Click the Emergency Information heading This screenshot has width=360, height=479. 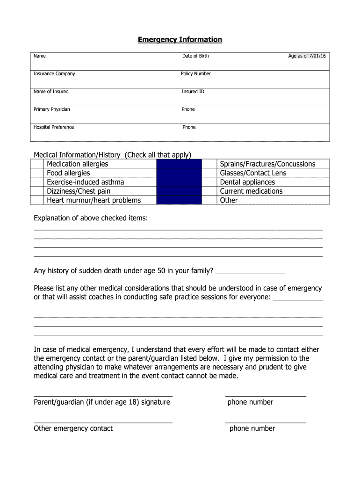tap(180, 40)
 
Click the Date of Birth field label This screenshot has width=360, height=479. tap(195, 56)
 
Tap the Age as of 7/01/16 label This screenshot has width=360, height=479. tap(307, 56)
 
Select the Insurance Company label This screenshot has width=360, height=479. tap(54, 74)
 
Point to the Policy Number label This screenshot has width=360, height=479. tap(196, 74)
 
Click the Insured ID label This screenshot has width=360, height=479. tap(193, 92)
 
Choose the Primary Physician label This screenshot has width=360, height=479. tap(52, 109)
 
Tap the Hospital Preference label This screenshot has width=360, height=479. tap(54, 127)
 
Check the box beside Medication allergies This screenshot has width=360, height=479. tap(37, 164)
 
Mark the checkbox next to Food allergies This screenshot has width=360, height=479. tap(37, 173)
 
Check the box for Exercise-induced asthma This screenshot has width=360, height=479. tap(37, 182)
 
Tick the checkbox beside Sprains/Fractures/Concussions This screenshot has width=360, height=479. tap(210, 164)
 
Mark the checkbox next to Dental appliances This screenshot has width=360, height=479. tap(210, 182)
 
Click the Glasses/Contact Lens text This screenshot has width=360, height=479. tap(253, 173)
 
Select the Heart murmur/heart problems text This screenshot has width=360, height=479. tap(94, 200)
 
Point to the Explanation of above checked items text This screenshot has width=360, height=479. tap(91, 218)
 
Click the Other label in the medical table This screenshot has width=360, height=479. tap(229, 200)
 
